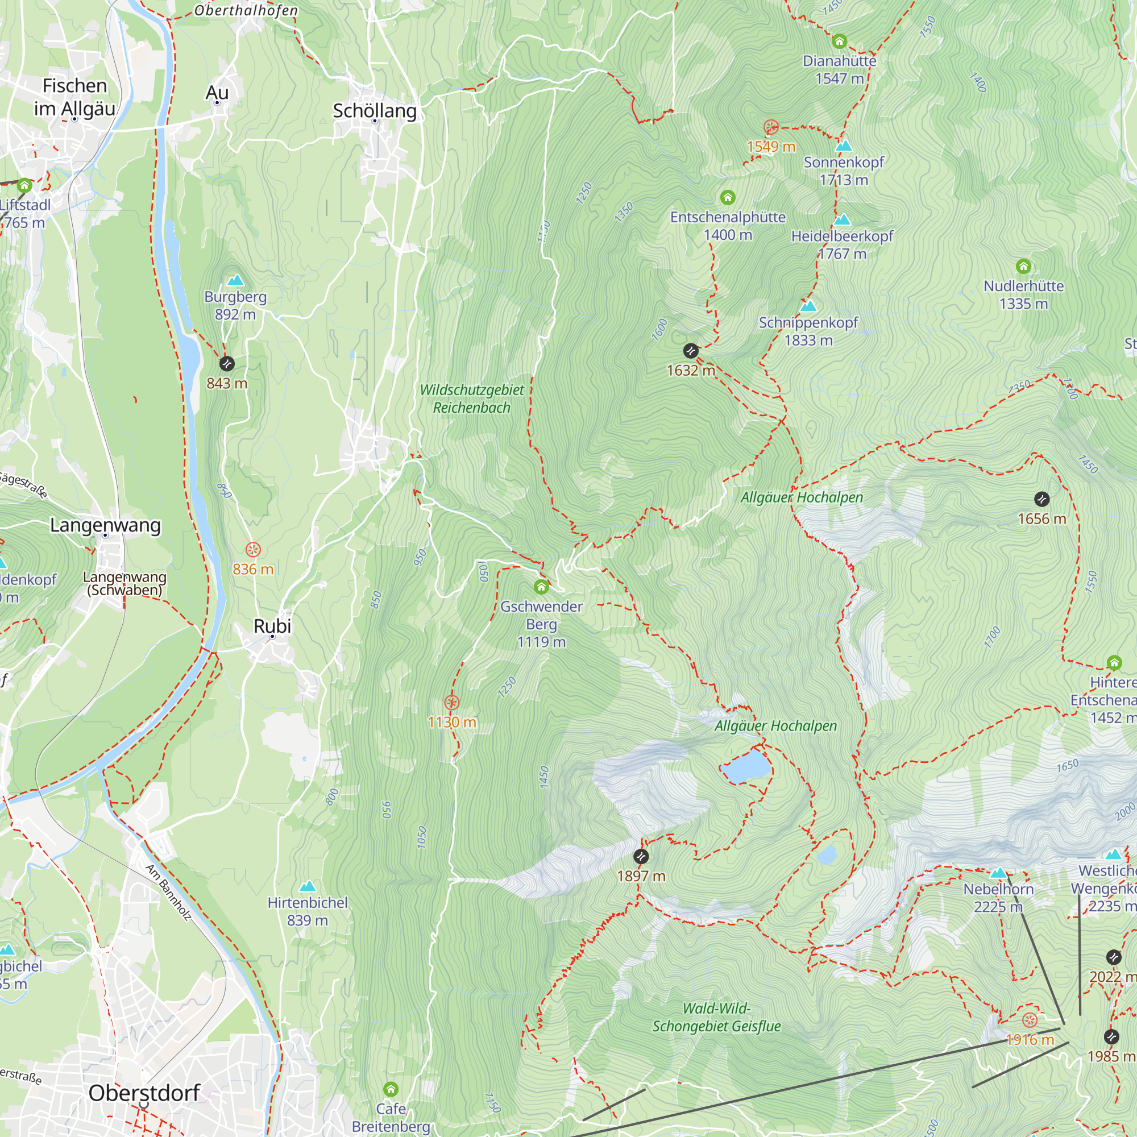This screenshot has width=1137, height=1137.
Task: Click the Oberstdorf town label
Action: coord(144,1093)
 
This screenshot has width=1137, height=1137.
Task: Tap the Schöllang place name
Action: coord(374,111)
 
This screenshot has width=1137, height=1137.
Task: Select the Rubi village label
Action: coord(272,625)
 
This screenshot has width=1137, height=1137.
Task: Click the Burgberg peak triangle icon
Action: coord(235,280)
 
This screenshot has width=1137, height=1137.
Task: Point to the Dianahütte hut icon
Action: coord(839,41)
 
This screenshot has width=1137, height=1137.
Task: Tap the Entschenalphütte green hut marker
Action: coord(728,197)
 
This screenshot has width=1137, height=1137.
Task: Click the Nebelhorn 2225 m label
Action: coord(998,898)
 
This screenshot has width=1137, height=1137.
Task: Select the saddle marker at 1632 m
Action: coord(691,351)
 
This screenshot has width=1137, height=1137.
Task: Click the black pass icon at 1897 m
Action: coord(641,856)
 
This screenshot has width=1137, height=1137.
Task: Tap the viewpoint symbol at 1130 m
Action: coord(451,703)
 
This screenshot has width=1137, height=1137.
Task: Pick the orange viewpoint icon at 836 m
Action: coord(253,550)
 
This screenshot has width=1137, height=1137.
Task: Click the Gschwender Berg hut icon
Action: coord(541,587)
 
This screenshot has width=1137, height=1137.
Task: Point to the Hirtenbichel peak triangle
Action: coord(307,886)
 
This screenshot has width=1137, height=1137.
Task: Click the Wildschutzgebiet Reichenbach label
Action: coord(471,399)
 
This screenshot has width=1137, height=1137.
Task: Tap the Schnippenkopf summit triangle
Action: coord(808,305)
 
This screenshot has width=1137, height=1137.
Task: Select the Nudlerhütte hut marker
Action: coord(1023,267)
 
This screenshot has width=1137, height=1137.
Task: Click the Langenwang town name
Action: coord(105,524)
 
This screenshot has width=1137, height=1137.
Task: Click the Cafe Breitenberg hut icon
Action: coord(391,1089)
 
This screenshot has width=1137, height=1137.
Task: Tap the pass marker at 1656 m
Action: coord(1041,499)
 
